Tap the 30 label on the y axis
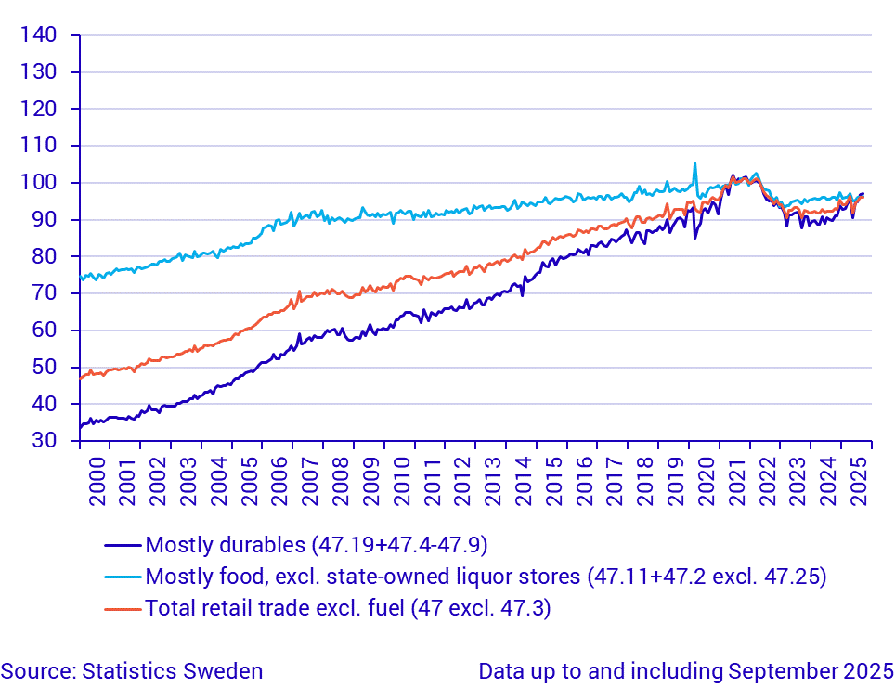45,441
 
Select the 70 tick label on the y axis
45,293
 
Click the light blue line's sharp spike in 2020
694,163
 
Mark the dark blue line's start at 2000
81,426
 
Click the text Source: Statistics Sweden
132,671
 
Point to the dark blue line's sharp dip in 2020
694,238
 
